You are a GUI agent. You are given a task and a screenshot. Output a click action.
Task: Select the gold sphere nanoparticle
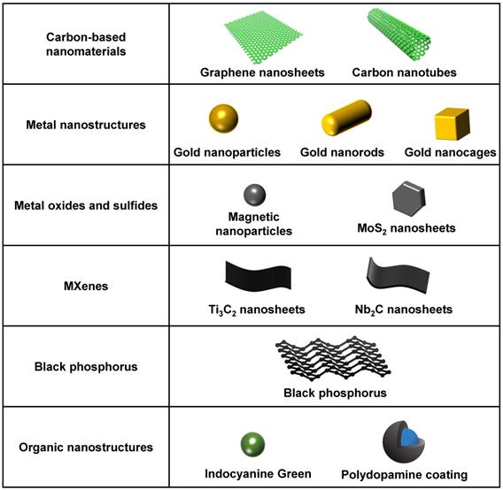(x=226, y=119)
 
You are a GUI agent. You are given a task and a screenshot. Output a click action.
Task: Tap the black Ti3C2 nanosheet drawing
(x=251, y=278)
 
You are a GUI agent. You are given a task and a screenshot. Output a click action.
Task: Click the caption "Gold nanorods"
(x=342, y=152)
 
